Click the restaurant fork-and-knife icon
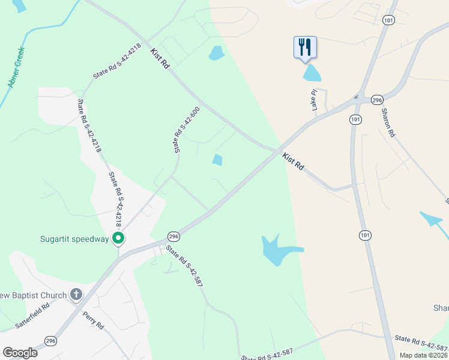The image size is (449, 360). coord(305,47)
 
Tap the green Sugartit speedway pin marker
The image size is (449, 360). coord(119,239)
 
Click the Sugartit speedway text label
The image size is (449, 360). coord(74,239)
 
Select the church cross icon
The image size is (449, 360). coord(76,294)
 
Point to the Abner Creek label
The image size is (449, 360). coord(16,67)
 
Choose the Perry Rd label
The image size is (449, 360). coord(94,319)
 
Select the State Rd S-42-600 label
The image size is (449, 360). coord(186,129)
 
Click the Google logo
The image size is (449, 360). coord(20,353)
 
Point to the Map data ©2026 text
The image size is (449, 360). coord(423,355)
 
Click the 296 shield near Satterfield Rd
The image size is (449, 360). coord(51,340)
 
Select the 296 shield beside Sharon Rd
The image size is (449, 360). coord(377,100)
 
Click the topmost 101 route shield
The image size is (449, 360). coord(389,20)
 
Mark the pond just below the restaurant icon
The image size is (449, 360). coord(312,73)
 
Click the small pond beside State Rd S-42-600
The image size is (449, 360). coord(217,160)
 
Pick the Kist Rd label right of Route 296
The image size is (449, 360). coord(294,161)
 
